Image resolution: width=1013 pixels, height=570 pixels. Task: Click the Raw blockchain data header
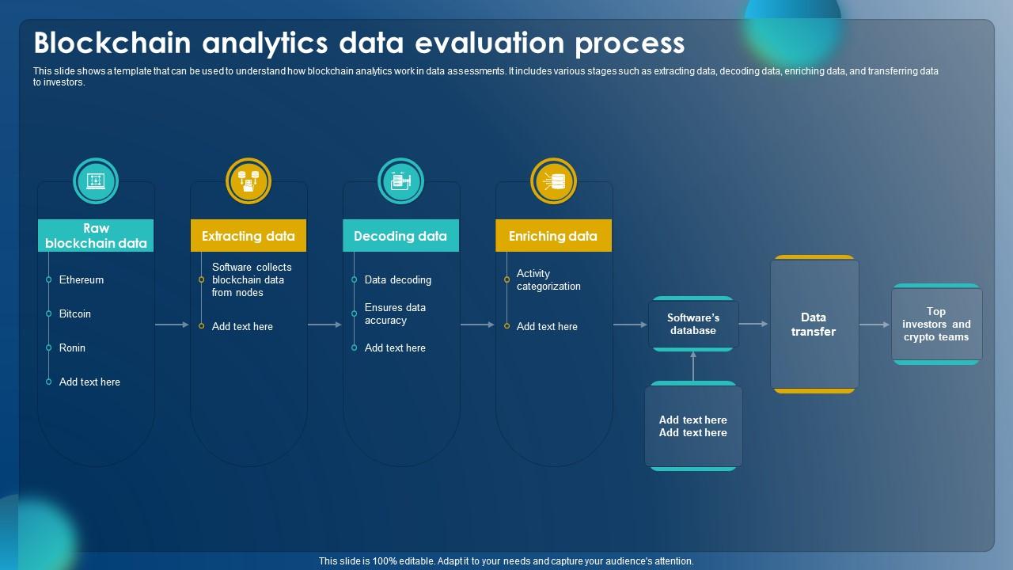(96, 235)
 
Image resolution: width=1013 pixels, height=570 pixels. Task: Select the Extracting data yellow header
(249, 235)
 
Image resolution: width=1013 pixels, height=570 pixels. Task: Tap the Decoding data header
(400, 235)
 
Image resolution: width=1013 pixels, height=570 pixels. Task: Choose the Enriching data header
(553, 235)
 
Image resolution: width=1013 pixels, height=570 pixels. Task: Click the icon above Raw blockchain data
(96, 181)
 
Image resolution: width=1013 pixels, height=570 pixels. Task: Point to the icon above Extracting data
(249, 181)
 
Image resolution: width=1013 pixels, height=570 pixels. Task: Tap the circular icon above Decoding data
(400, 181)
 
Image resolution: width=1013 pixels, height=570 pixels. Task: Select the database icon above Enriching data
(553, 181)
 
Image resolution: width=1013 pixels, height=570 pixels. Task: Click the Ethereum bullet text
(82, 279)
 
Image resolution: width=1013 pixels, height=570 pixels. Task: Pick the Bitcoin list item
(75, 313)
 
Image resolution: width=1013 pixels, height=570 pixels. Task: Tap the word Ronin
(72, 348)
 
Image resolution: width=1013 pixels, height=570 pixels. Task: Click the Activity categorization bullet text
(548, 279)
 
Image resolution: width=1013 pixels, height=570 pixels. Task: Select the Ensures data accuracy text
(395, 313)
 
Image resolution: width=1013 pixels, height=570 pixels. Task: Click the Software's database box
(693, 324)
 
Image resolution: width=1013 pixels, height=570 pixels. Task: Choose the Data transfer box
(814, 324)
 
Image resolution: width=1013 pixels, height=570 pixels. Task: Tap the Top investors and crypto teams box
(936, 324)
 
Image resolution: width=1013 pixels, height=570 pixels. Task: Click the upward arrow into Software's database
(693, 367)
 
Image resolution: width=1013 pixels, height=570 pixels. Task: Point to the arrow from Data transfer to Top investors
(875, 325)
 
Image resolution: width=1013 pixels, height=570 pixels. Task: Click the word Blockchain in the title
(112, 43)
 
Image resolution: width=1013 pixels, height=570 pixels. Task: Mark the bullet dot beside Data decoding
(354, 279)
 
